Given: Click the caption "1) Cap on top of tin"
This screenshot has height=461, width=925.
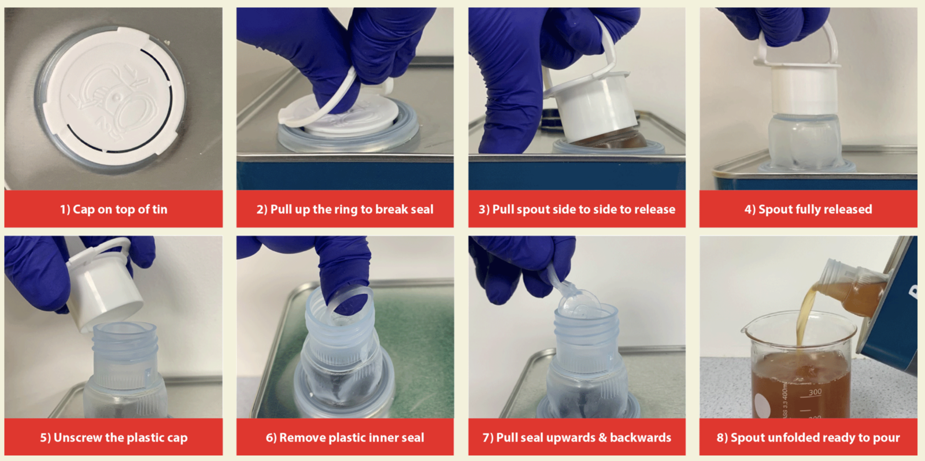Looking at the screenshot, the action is tap(113, 209).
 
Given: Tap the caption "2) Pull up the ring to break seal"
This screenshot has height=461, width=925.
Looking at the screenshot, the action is tap(345, 209).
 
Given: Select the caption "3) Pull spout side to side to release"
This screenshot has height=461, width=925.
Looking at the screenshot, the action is tap(577, 209).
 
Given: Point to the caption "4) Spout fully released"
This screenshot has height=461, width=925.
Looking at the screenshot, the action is tap(808, 209).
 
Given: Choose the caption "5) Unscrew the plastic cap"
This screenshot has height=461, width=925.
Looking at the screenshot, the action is tap(113, 437).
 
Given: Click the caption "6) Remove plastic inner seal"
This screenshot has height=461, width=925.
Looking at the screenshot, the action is tap(345, 437).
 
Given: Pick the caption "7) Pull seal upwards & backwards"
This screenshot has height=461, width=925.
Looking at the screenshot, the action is tap(577, 437).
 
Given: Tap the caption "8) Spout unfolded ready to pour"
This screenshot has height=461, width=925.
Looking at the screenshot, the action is tap(808, 437).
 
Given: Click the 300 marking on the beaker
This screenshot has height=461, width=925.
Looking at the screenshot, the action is tap(815, 392).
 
